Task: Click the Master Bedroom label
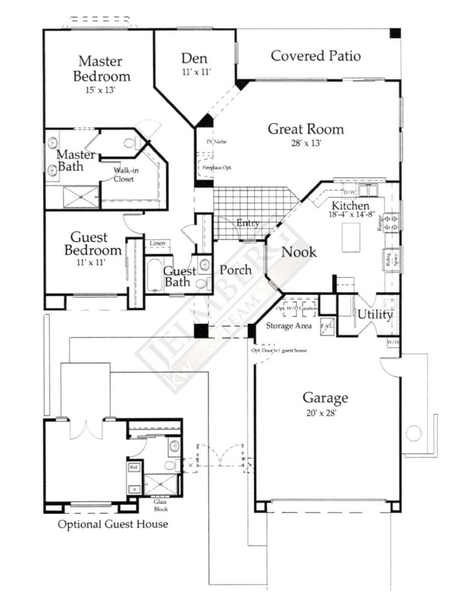click(102, 68)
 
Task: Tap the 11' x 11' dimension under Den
click(194, 71)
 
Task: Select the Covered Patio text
click(316, 56)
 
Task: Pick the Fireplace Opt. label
click(216, 167)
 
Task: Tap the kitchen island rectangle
click(353, 237)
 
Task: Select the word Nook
click(299, 252)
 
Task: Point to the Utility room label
click(375, 314)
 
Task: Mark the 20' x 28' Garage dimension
click(325, 413)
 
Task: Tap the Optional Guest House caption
click(112, 524)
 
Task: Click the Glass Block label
click(160, 504)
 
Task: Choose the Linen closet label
click(158, 243)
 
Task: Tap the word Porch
click(235, 270)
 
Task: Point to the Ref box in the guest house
click(132, 466)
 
